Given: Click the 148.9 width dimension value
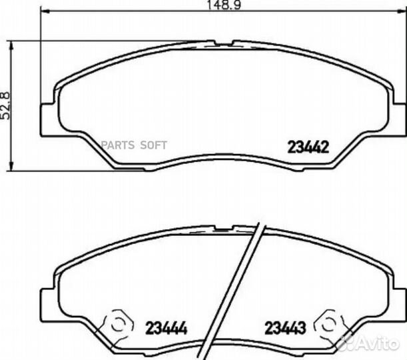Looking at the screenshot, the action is (224, 5).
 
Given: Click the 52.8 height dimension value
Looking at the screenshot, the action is (5, 106).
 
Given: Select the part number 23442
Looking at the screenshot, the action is (308, 147).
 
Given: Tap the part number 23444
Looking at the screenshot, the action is (166, 328).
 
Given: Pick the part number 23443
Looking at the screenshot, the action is (285, 328).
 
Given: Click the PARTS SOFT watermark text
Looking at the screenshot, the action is (134, 145).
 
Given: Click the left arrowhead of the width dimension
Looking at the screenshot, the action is (45, 11).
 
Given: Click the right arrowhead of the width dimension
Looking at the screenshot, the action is (402, 11).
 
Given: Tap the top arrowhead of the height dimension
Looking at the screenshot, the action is (11, 46).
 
